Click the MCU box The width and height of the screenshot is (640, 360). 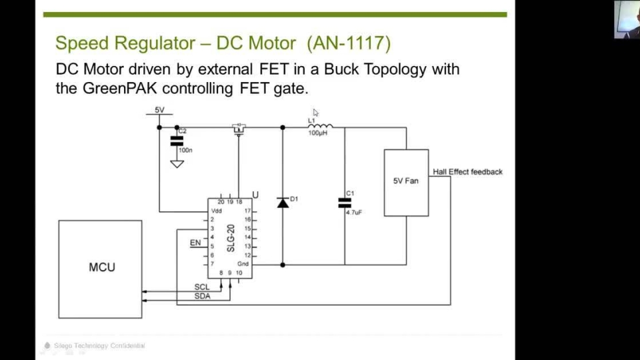coord(101,268)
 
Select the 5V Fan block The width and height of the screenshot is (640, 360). coord(405,182)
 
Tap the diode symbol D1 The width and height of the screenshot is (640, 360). coord(283,203)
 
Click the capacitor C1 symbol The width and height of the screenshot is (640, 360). coord(345,203)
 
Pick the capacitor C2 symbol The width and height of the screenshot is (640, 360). coord(177,140)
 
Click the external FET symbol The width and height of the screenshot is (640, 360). coord(238,129)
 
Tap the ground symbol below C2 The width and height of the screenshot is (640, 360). coord(177,163)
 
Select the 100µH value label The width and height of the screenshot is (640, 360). coord(318,133)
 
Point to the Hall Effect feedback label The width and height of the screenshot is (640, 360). coord(467,172)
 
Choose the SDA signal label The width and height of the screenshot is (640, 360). coord(202,296)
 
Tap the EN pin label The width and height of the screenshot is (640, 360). coord(195,243)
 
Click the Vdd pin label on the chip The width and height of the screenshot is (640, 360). coord(216,211)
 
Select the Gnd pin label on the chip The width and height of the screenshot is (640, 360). coord(243,264)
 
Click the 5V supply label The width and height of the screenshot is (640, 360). coord(159,110)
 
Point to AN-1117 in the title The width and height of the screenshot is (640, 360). coord(349,44)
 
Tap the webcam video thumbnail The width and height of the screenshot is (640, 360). coord(627,19)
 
